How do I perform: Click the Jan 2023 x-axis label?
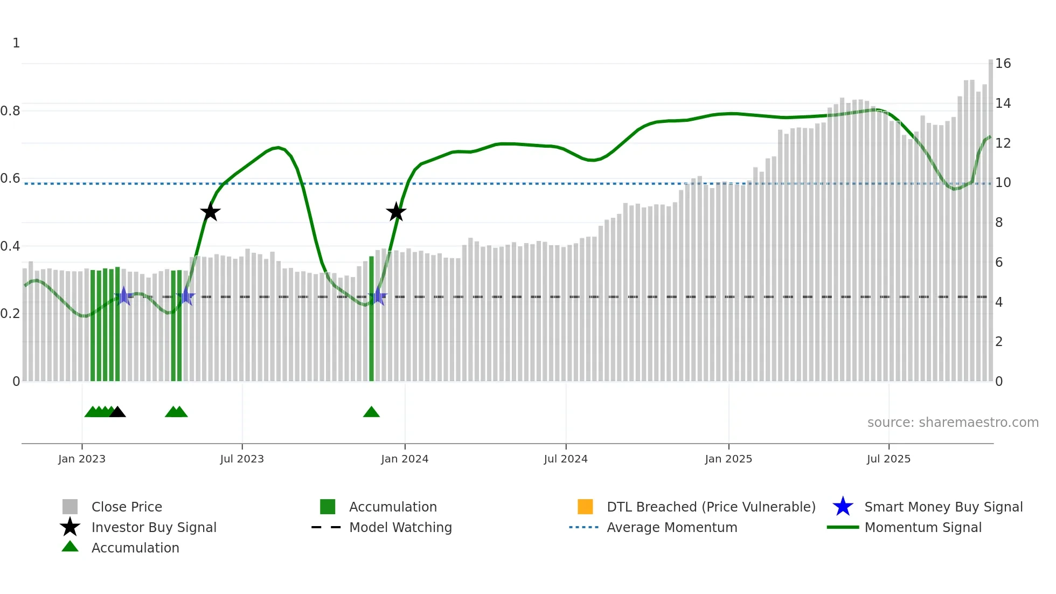click(82, 459)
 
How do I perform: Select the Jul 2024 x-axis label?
click(566, 459)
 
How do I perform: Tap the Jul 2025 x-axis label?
click(888, 459)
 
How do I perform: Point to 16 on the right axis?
click(1003, 64)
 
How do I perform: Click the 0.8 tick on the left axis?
click(10, 111)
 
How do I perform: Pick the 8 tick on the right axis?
click(999, 223)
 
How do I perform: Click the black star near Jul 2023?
click(210, 212)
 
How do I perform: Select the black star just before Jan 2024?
click(396, 212)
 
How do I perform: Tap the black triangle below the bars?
click(117, 412)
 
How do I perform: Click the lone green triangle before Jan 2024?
click(371, 412)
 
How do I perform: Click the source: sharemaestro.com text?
click(953, 423)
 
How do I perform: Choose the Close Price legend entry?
click(127, 507)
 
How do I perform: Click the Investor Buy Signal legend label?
click(154, 528)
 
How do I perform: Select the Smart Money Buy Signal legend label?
click(943, 507)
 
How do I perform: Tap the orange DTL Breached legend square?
click(585, 507)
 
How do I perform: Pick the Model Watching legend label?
click(400, 528)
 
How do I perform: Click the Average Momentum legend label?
click(672, 528)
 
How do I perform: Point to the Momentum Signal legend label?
click(923, 528)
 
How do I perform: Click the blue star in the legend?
click(843, 507)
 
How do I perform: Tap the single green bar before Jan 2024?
click(371, 318)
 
